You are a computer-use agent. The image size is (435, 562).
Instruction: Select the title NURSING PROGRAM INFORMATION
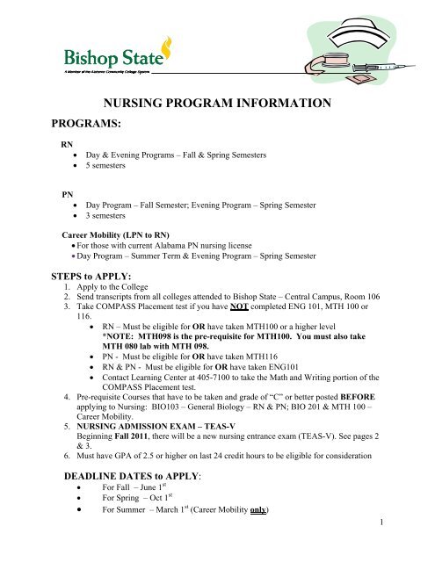click(217, 105)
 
